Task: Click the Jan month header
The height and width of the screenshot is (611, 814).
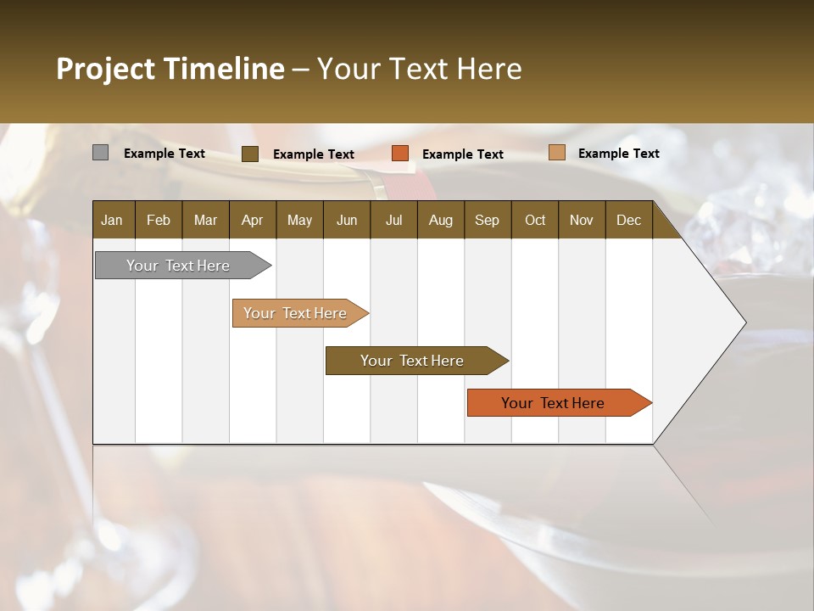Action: point(112,220)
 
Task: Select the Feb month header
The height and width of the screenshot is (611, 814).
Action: point(159,220)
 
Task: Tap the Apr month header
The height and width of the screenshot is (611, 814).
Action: point(252,220)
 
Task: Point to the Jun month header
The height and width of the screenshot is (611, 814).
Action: point(347,220)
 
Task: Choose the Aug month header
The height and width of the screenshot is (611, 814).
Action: point(440,220)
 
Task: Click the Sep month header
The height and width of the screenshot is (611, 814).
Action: point(487,220)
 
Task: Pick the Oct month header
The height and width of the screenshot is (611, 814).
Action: point(535,220)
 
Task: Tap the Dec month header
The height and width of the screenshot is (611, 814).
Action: point(628,220)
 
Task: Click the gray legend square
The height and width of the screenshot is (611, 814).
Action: point(100,153)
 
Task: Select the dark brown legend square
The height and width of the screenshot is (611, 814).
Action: point(249,154)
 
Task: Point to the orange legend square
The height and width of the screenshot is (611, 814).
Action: point(400,154)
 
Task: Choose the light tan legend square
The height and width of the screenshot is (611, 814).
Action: point(556,153)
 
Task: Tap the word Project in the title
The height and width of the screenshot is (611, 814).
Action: point(106,69)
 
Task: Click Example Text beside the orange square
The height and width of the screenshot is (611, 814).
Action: point(462,154)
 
